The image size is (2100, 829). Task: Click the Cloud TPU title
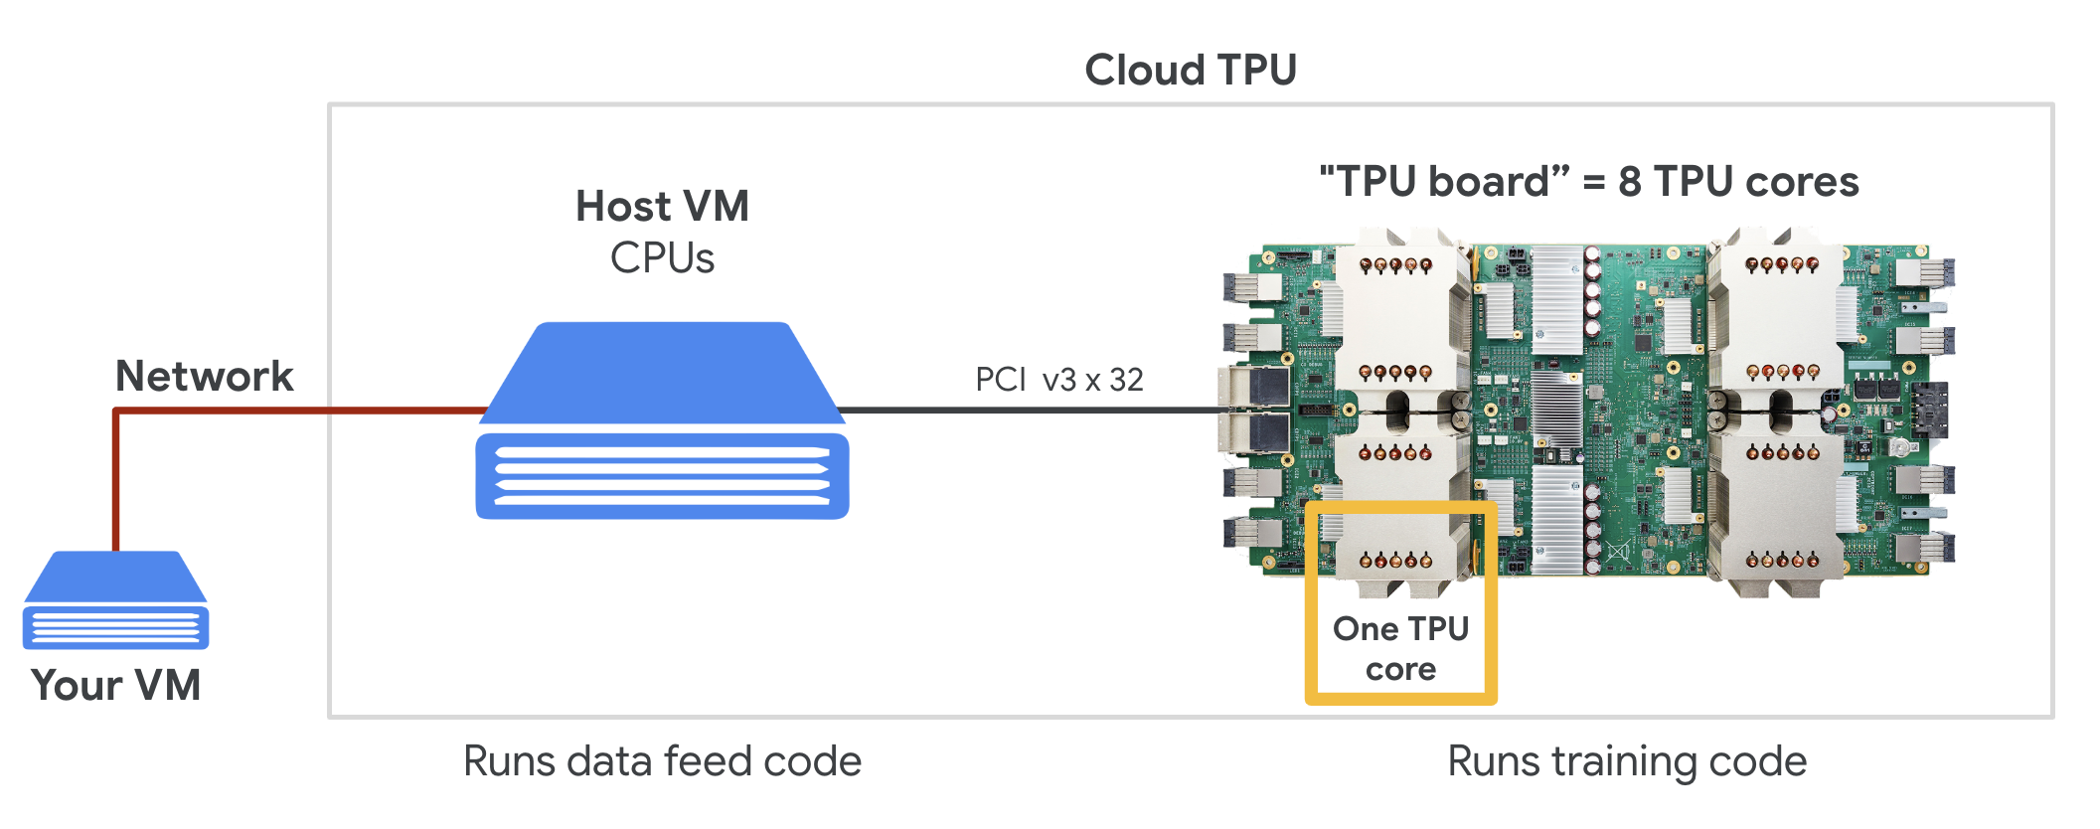[x=1190, y=71]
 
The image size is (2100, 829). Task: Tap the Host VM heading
[x=662, y=207]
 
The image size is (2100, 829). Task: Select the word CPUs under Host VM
[x=662, y=258]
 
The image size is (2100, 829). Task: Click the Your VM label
[x=115, y=686]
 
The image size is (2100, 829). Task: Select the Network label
[x=204, y=377]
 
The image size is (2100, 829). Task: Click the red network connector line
[x=298, y=411]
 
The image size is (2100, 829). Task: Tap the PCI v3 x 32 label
[x=1058, y=380]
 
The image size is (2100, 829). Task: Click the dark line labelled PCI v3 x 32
[x=1034, y=410]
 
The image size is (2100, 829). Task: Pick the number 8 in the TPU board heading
[x=1629, y=182]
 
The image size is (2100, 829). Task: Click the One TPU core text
[x=1400, y=649]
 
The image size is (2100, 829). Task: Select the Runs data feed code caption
[x=662, y=761]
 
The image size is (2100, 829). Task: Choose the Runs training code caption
[x=1627, y=761]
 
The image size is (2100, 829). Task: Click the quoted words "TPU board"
[x=1443, y=182]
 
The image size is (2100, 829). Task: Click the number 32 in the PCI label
[x=1126, y=380]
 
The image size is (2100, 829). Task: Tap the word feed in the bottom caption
[x=707, y=761]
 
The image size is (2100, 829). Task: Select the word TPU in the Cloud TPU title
[x=1257, y=71]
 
